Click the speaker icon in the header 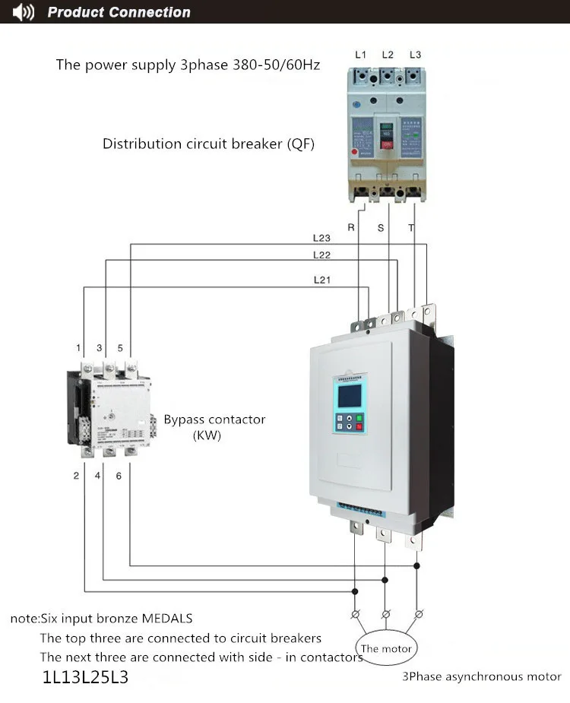coord(24,12)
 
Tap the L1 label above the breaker coord(361,55)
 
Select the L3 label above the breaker coord(415,55)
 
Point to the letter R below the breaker coord(351,227)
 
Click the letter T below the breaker coord(411,227)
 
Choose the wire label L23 coord(321,238)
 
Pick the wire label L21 coord(322,280)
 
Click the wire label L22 coord(321,255)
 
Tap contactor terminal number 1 coord(78,348)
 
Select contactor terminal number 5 coord(119,348)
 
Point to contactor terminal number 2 coord(76,476)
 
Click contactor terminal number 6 coord(119,476)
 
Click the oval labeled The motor coord(386,648)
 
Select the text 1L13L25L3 coord(86,676)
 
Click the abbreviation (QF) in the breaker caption coord(300,144)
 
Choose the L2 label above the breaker coord(388,55)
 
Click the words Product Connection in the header coord(119,12)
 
